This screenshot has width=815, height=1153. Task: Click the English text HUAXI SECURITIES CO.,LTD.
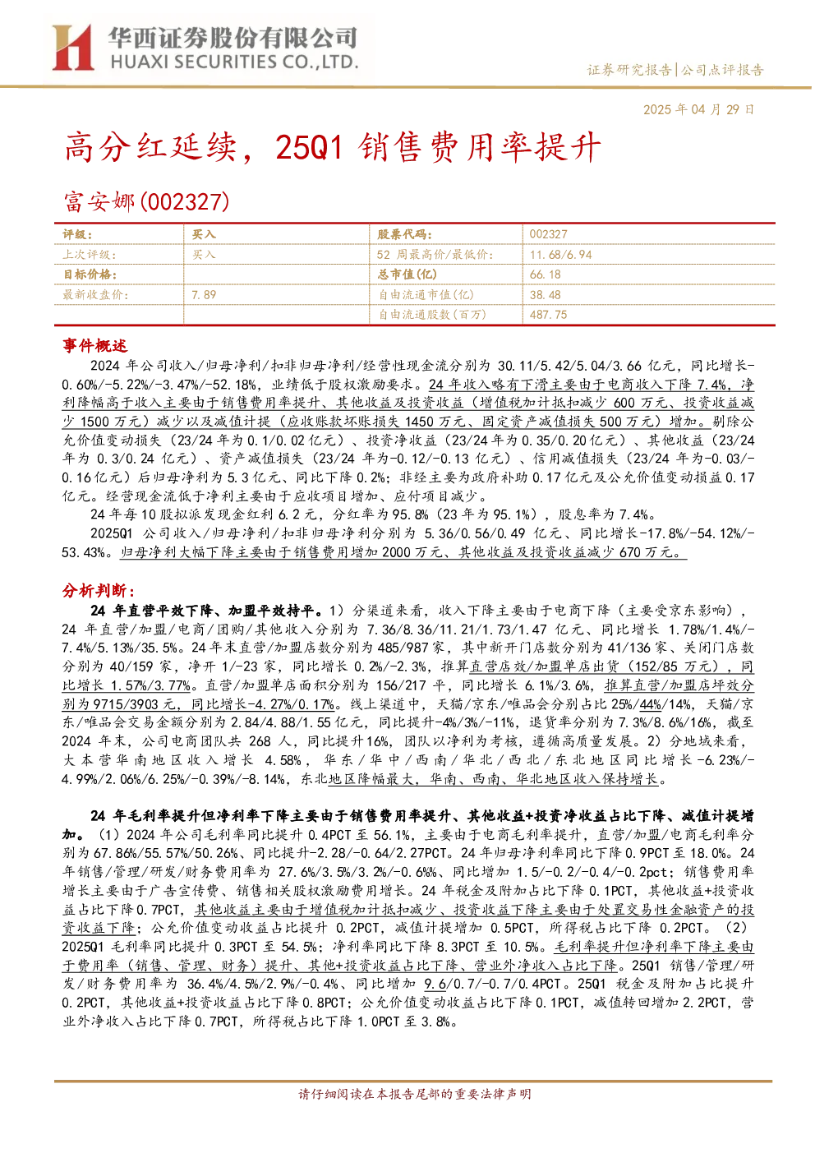pyautogui.click(x=234, y=62)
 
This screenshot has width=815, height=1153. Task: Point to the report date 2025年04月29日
pyautogui.click(x=698, y=109)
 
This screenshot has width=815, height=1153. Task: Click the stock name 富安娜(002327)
pyautogui.click(x=147, y=201)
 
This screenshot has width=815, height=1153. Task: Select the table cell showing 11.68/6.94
pyautogui.click(x=560, y=254)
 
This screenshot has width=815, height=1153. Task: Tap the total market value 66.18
pyautogui.click(x=545, y=274)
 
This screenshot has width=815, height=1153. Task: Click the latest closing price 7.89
pyautogui.click(x=204, y=294)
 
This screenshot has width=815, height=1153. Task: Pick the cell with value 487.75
pyautogui.click(x=548, y=315)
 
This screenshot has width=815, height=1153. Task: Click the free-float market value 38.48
pyautogui.click(x=545, y=294)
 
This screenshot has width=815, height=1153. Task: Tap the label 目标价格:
pyautogui.click(x=90, y=274)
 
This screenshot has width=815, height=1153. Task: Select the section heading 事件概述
pyautogui.click(x=94, y=345)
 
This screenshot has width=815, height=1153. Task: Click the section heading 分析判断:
pyautogui.click(x=99, y=590)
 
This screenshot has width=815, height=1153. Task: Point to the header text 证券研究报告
pyautogui.click(x=630, y=70)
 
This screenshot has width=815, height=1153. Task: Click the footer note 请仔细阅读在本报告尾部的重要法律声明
pyautogui.click(x=415, y=1093)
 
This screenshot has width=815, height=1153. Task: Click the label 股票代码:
pyautogui.click(x=404, y=234)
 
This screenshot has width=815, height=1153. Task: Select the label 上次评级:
pyautogui.click(x=90, y=254)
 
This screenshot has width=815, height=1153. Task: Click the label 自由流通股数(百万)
pyautogui.click(x=432, y=315)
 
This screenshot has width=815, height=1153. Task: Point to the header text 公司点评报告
pyautogui.click(x=722, y=70)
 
